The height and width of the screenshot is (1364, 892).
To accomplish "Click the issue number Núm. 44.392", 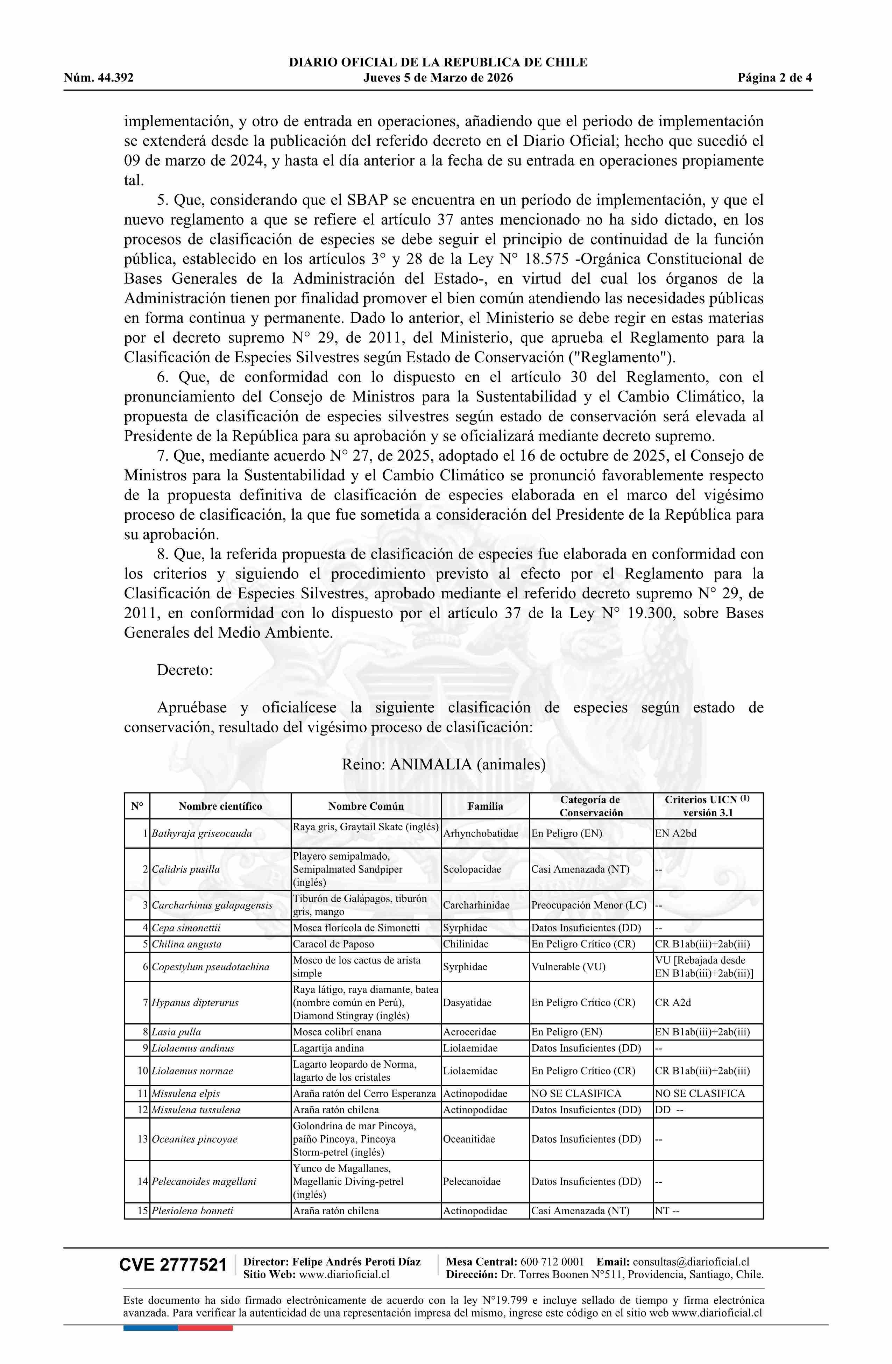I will (x=99, y=78).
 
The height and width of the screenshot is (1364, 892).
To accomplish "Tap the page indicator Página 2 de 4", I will (x=774, y=78).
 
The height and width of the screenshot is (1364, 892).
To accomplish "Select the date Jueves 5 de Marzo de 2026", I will (x=438, y=78).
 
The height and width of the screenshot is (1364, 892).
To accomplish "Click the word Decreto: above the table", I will (x=185, y=670).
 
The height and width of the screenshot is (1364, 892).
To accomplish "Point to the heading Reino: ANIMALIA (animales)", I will (x=444, y=765).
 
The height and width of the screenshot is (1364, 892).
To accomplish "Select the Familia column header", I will (x=485, y=807).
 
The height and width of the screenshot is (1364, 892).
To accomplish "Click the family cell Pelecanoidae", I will (x=471, y=1181).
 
